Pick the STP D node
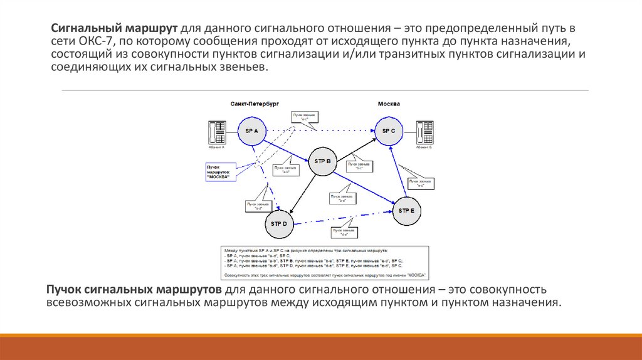pyautogui.click(x=278, y=223)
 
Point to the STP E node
pyautogui.click(x=407, y=211)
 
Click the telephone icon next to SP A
pyautogui.click(x=216, y=134)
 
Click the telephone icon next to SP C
pyautogui.click(x=426, y=134)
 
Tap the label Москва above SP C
pyautogui.click(x=389, y=103)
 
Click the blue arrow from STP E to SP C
pyautogui.click(x=397, y=172)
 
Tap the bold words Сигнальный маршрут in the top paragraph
pyautogui.click(x=116, y=29)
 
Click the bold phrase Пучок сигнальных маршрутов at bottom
pyautogui.click(x=133, y=290)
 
